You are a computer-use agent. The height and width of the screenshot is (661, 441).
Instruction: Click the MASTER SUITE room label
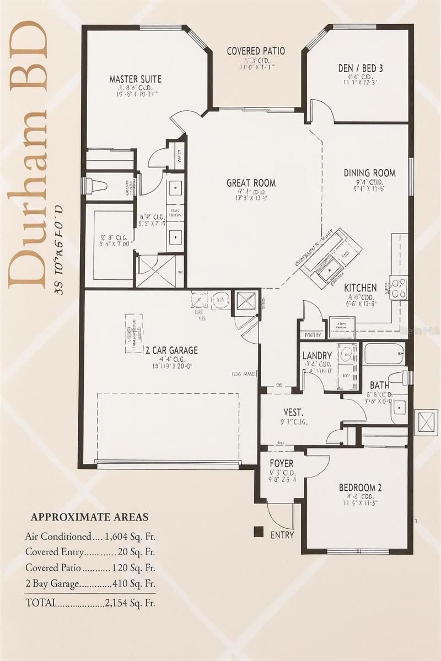[x=135, y=79]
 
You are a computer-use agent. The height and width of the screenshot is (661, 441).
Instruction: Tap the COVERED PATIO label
[x=256, y=51]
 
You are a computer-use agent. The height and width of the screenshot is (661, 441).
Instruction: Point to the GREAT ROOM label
[x=251, y=183]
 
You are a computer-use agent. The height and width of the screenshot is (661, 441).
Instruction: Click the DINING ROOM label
[x=369, y=173]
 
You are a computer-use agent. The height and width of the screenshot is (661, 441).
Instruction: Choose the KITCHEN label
[x=361, y=288]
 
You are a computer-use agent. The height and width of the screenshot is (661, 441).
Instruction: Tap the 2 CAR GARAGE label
[x=171, y=350]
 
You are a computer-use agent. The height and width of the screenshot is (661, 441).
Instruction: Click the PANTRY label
[x=312, y=334]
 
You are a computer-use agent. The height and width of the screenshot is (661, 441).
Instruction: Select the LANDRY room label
[x=317, y=356]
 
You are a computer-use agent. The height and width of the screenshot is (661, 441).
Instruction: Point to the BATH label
[x=380, y=385]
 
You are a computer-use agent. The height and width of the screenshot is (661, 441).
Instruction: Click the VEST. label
[x=293, y=412]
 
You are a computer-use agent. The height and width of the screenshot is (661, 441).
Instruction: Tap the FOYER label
[x=281, y=464]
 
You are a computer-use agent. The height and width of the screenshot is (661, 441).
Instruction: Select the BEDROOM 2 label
[x=361, y=487]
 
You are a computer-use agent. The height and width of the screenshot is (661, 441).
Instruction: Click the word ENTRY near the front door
[x=282, y=535]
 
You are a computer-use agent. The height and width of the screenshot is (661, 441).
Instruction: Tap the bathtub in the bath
[x=384, y=354]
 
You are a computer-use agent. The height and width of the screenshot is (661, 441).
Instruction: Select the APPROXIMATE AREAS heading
[x=89, y=517]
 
